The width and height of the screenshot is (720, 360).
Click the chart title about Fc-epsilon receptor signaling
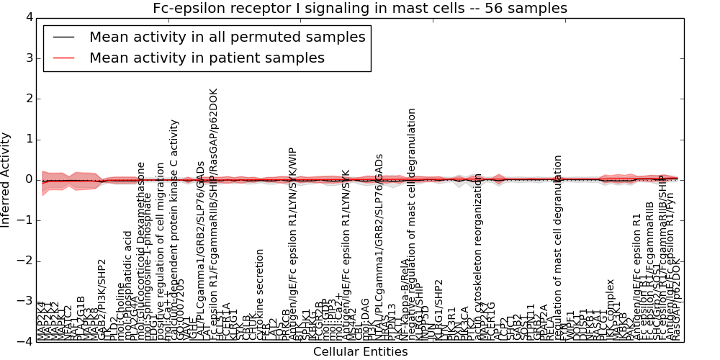[360, 9]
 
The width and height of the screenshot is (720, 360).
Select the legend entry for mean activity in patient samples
[207, 58]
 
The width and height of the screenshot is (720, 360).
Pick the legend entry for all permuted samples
[227, 37]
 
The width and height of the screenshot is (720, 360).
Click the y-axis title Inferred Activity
[6, 179]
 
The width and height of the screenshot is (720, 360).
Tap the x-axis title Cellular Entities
[360, 352]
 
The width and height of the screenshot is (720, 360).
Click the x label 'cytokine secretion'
[260, 294]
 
